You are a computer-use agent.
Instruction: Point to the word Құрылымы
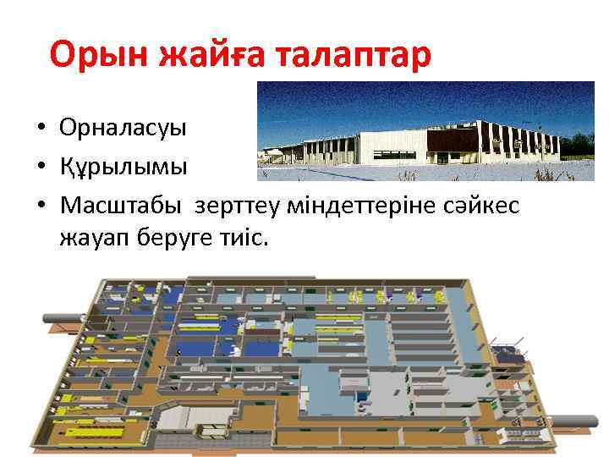click(x=123, y=166)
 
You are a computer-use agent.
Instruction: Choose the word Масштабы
click(x=123, y=205)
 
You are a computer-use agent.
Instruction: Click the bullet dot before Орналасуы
click(x=40, y=129)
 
